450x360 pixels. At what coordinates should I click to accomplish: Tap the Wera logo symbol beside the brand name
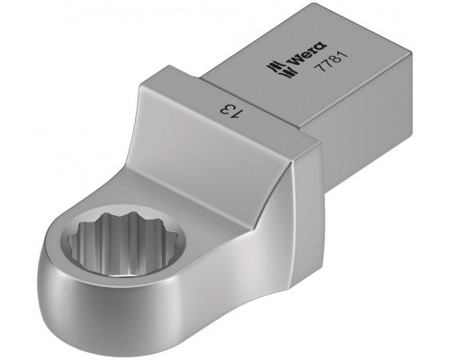pos(282,69)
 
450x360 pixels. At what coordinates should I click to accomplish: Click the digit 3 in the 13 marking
pos(226,110)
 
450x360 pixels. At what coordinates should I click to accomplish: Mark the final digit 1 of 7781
pos(344,55)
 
